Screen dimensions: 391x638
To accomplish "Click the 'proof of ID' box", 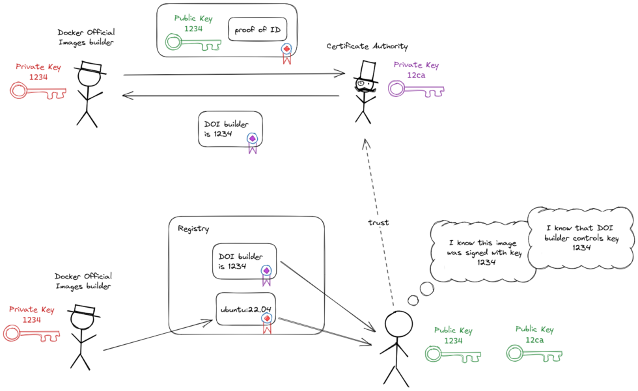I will pos(257,29).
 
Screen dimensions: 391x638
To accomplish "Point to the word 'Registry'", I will pos(193,228).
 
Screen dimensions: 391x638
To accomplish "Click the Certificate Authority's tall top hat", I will pos(369,70).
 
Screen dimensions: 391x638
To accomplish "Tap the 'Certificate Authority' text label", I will pos(367,46).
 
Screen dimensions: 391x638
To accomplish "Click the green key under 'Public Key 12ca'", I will pos(534,353).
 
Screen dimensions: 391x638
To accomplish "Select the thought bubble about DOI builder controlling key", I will pos(580,237).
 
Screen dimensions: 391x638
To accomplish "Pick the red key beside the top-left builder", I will pos(36,90).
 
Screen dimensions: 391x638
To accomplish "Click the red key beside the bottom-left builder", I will pos(31,334).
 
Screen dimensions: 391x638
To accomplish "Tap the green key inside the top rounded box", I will pos(193,44).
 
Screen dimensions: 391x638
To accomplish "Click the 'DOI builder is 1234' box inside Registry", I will pos(245,262).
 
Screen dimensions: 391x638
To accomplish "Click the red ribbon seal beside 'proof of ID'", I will pos(285,52).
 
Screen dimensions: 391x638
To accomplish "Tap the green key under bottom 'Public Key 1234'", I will pos(453,354).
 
